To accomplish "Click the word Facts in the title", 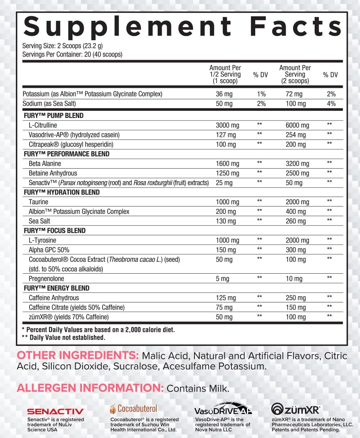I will (296, 26).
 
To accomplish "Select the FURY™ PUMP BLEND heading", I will (54, 116).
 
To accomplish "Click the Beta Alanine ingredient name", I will (45, 164).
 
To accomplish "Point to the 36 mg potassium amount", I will (224, 94).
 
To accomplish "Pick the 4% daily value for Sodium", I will (331, 104).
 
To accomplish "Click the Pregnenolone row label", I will (46, 279).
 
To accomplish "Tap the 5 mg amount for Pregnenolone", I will (222, 279).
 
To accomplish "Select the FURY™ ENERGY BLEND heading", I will (57, 288).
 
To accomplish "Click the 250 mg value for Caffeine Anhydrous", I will (296, 298).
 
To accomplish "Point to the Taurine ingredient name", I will (39, 202).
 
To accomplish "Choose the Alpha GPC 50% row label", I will (49, 250).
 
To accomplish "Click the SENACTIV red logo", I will (55, 411).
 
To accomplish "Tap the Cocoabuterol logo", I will (134, 409).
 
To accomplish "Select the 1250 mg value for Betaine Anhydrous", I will (227, 173).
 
